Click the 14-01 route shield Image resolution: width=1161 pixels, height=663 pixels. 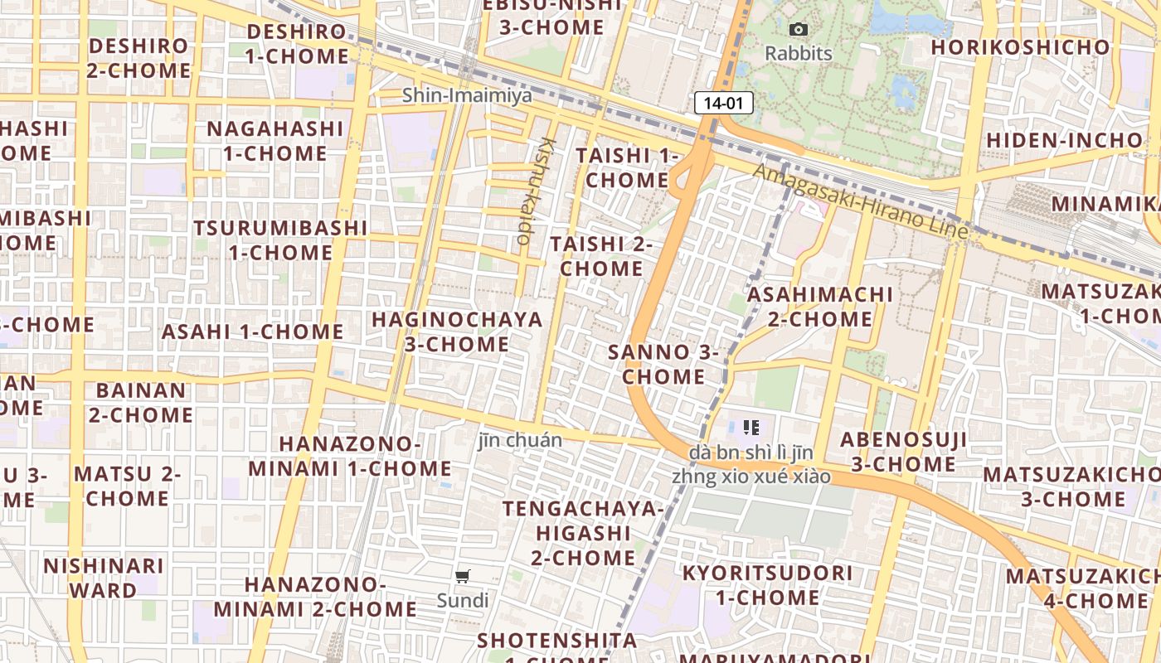pos(723,104)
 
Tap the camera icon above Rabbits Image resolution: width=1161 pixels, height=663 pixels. pos(798,30)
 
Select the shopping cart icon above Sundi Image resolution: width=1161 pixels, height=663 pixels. pos(463,576)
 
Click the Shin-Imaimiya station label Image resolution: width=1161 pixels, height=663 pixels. pos(467,95)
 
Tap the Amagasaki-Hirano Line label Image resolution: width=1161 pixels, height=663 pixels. pos(860,201)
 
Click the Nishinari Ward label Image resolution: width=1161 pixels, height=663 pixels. pos(104,578)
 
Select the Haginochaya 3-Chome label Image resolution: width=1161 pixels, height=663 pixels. pos(457,331)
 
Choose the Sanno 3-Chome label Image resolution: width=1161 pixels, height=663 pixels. pos(663,364)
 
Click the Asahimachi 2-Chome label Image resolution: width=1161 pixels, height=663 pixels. pos(820,307)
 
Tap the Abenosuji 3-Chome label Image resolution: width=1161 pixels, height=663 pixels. pos(903,452)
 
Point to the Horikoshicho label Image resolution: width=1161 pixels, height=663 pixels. pos(1019,46)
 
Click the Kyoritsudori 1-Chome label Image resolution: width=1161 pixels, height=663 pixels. pos(767,585)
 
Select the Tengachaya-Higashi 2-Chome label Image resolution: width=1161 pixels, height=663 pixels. pos(583,533)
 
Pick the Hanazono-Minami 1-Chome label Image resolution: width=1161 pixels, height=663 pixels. pos(349,457)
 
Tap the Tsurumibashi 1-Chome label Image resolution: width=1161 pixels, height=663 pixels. pos(280,240)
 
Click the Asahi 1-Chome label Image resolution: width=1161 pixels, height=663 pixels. pos(252,331)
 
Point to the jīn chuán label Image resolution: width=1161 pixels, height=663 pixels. pos(520,440)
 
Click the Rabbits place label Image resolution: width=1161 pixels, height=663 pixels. pos(798,54)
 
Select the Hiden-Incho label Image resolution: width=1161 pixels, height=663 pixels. pos(1064,140)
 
